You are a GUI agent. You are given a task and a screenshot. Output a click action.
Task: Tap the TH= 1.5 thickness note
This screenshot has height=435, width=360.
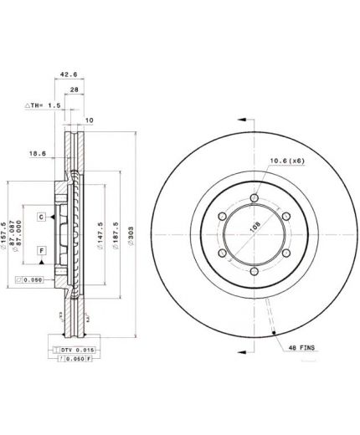coord(41,106)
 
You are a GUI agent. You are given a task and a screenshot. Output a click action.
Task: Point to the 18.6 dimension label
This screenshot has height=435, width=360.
coord(38,154)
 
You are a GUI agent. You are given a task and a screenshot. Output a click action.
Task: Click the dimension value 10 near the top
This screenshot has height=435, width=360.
coord(90,120)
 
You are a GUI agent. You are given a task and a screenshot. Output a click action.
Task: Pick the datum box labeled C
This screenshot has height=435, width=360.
coord(39,217)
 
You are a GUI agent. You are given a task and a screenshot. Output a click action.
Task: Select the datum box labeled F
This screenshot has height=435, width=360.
coord(39,250)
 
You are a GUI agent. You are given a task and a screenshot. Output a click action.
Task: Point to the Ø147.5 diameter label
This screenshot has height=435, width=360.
coord(99,235)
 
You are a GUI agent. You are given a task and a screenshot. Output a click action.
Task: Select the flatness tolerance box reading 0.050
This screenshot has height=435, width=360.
coord(29,279)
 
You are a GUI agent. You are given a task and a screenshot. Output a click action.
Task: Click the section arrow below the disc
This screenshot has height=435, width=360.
coord(242,345)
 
